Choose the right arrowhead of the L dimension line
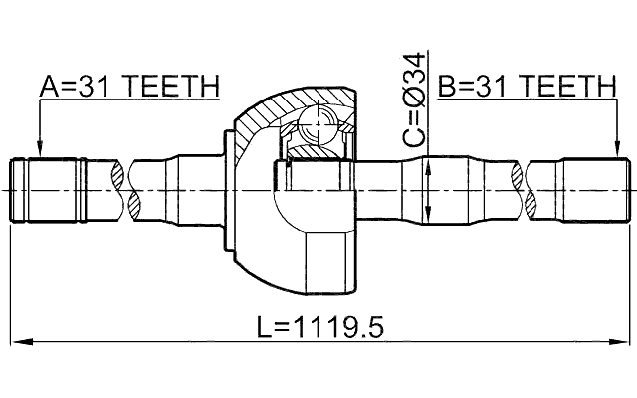626,342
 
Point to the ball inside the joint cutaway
317,127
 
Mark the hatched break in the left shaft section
127,189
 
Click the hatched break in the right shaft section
525,189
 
